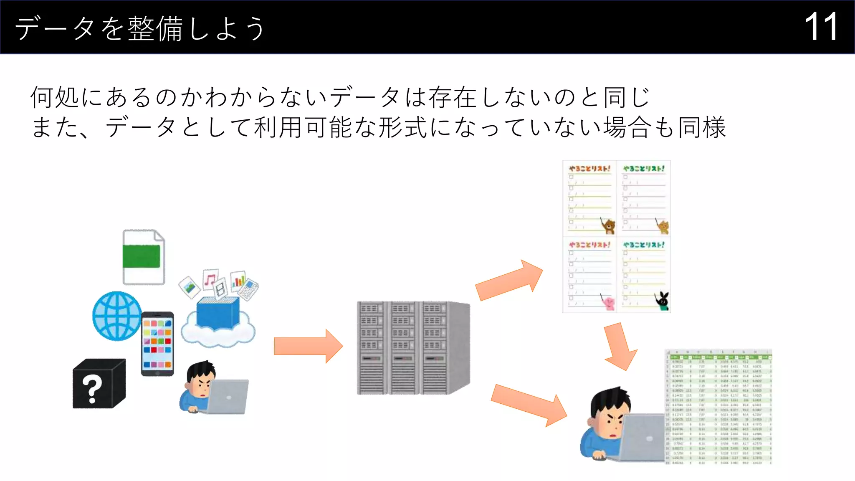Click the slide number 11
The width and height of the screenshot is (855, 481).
[x=821, y=27]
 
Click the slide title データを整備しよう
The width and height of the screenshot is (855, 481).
[x=140, y=28]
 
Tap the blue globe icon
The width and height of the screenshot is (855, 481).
[x=117, y=316]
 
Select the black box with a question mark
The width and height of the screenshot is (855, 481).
[x=99, y=384]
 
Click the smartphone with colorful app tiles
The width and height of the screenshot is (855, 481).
[x=157, y=344]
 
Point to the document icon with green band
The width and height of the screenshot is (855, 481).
[x=143, y=256]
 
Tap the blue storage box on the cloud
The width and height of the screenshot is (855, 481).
[x=218, y=311]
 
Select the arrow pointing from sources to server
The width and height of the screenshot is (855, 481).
[x=308, y=346]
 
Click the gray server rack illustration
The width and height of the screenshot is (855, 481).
[x=413, y=348]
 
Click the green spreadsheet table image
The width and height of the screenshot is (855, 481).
[x=718, y=407]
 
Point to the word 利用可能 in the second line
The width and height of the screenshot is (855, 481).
[x=302, y=127]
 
